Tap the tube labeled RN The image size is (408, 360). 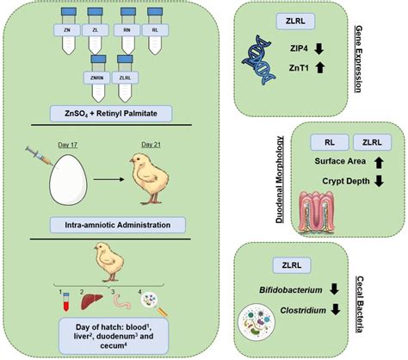tap(128, 29)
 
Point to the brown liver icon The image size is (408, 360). tap(88, 301)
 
